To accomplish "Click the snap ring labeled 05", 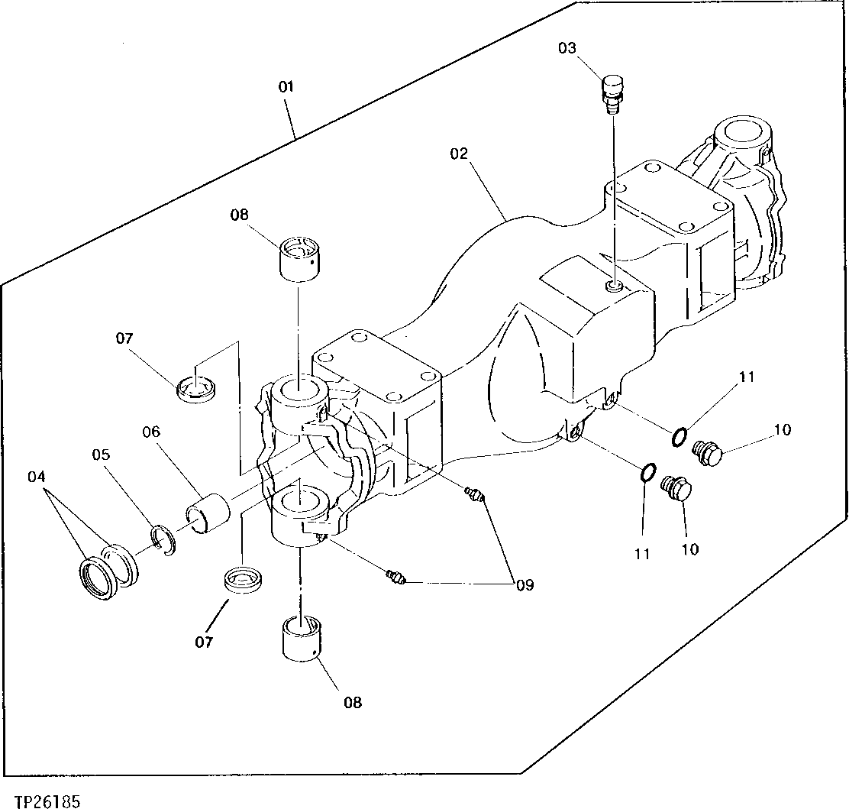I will pyautogui.click(x=163, y=539).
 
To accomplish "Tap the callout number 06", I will pyautogui.click(x=150, y=432).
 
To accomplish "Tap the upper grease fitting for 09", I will pyautogui.click(x=473, y=494).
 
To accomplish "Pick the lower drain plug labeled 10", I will pyautogui.click(x=676, y=489).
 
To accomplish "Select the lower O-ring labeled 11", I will pyautogui.click(x=645, y=473).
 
